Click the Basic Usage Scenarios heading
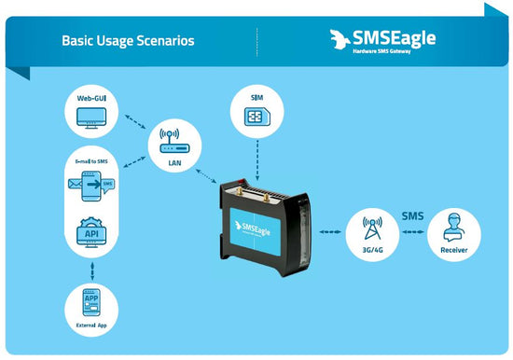tap(128, 41)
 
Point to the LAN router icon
tap(170, 140)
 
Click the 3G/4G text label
tap(371, 250)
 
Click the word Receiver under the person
tap(454, 250)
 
